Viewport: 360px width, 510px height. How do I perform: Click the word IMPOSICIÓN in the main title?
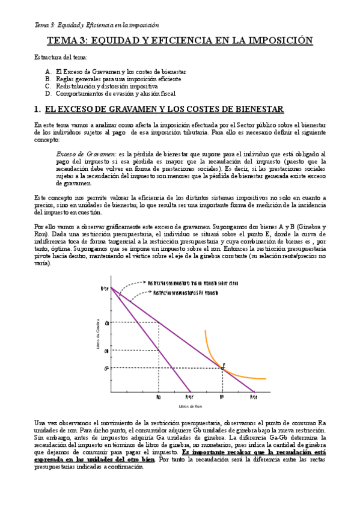(x=279, y=41)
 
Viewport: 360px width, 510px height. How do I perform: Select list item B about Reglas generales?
(x=118, y=79)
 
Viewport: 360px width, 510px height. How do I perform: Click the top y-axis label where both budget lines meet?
(x=105, y=288)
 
